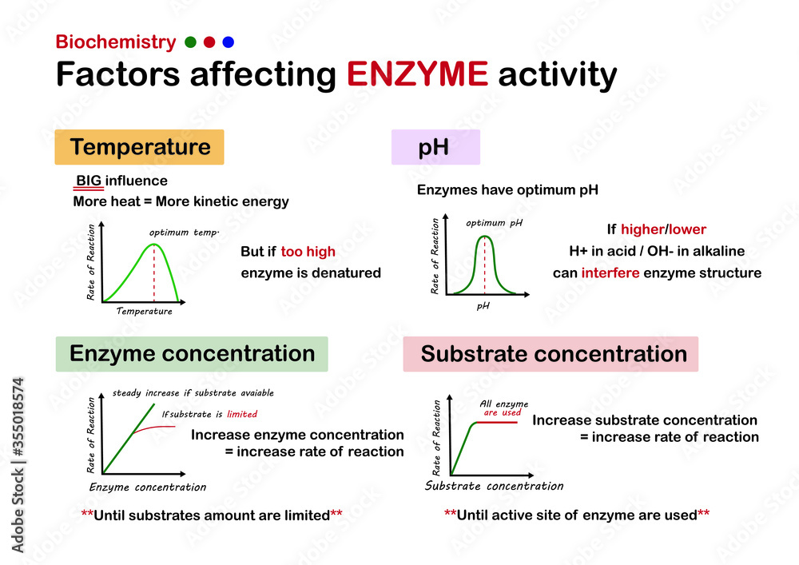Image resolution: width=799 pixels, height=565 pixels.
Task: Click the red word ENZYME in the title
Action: tap(417, 75)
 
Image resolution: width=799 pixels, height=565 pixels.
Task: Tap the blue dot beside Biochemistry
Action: tap(229, 42)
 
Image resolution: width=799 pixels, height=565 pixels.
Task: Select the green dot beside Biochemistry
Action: tap(190, 42)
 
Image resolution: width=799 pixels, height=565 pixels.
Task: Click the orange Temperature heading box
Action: tap(139, 147)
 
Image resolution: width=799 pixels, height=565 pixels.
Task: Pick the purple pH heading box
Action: tap(435, 147)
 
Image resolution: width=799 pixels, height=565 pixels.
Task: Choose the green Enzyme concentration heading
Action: tap(192, 354)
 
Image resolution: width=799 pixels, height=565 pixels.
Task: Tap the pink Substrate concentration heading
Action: tap(551, 354)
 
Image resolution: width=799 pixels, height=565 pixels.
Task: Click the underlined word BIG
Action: tap(89, 181)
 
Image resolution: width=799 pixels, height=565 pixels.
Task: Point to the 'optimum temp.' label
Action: tap(184, 233)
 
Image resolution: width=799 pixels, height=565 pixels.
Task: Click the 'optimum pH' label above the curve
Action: tap(494, 223)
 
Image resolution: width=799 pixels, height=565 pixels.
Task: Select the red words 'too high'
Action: tap(308, 252)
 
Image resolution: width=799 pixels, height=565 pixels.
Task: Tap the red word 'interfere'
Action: tap(615, 273)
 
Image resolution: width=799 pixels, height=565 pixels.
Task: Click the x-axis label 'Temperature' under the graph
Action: tap(144, 311)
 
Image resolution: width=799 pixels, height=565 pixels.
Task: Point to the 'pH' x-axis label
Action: tap(483, 305)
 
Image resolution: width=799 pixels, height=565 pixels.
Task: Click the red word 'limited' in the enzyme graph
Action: tap(242, 414)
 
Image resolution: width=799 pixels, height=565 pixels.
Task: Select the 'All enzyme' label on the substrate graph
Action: tap(503, 404)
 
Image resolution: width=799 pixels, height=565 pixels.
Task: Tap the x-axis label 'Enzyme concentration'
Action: tap(148, 487)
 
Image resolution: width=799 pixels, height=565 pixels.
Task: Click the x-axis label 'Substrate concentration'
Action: tap(494, 486)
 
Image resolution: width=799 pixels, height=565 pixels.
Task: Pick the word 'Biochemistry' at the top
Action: tap(116, 42)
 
